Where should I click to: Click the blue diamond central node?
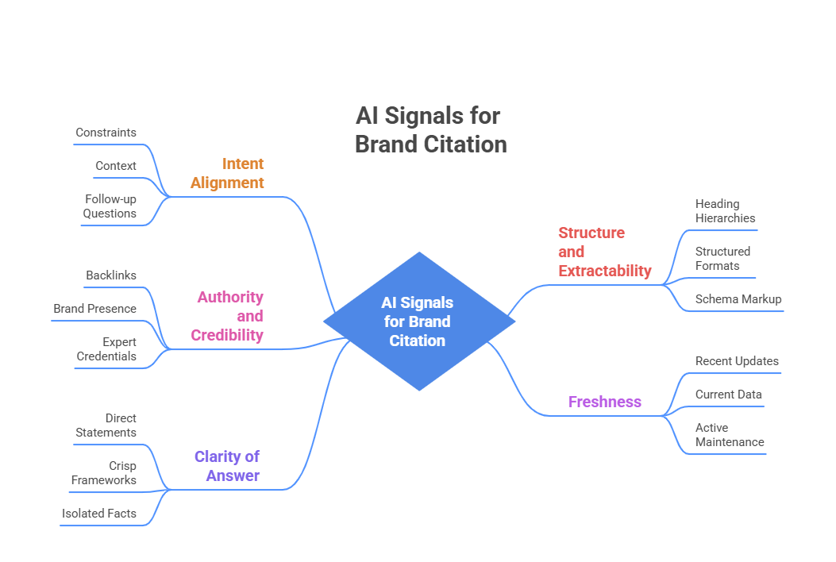(x=418, y=321)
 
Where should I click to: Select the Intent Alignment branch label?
(x=227, y=173)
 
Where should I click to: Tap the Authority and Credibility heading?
(x=228, y=316)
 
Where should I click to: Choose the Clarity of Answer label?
(x=228, y=466)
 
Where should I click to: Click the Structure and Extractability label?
(x=604, y=252)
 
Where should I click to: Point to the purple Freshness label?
(x=604, y=402)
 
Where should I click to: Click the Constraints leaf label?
(x=106, y=133)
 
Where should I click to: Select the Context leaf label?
(x=116, y=166)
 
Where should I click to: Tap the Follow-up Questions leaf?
(x=110, y=206)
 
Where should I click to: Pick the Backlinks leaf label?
(x=111, y=275)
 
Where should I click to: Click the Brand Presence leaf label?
(x=94, y=309)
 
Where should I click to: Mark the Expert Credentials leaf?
(x=107, y=349)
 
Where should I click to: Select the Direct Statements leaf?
(x=106, y=425)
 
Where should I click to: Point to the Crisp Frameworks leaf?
(x=104, y=473)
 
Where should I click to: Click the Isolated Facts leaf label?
(x=99, y=514)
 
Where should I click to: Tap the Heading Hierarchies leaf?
(x=725, y=211)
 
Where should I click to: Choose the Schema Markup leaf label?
(x=738, y=299)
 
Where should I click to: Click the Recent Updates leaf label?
(x=737, y=361)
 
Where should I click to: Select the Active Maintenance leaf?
(x=730, y=435)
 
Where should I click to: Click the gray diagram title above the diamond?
(x=430, y=130)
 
